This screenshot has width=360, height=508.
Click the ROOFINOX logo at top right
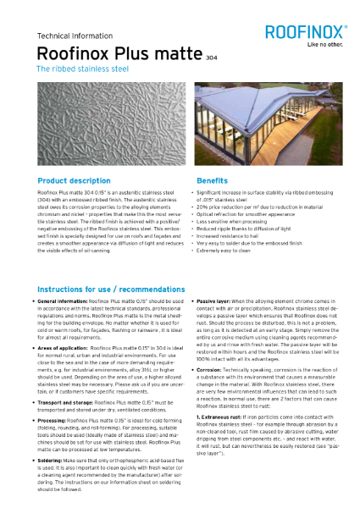pyautogui.click(x=307, y=31)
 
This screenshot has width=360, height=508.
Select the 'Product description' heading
pyautogui.click(x=74, y=181)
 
